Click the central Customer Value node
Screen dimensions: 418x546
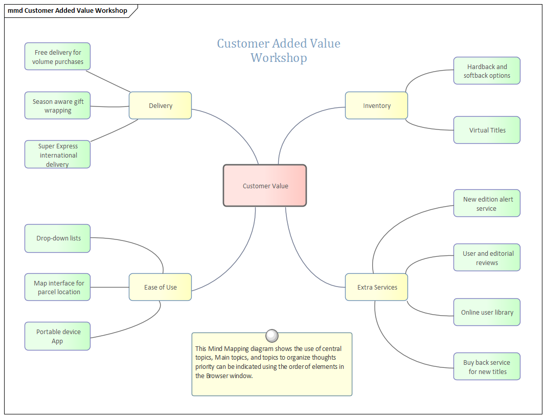pyautogui.click(x=265, y=186)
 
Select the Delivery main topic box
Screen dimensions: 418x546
pyautogui.click(x=160, y=105)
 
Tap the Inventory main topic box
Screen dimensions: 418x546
pyautogui.click(x=376, y=105)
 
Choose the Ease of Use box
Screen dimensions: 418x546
pyautogui.click(x=160, y=287)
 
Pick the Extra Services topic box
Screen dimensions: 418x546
pyautogui.click(x=377, y=287)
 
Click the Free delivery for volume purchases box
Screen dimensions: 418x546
pyautogui.click(x=57, y=57)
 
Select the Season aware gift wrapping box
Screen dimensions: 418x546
pyautogui.click(x=57, y=106)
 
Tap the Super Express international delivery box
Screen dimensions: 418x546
pyautogui.click(x=57, y=155)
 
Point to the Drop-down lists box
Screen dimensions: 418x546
pyautogui.click(x=57, y=238)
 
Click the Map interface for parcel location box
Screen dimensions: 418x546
pyautogui.click(x=57, y=287)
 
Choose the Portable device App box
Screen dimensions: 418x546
pyautogui.click(x=57, y=336)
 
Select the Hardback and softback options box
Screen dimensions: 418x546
pyautogui.click(x=487, y=71)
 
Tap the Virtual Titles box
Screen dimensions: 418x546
pyautogui.click(x=487, y=130)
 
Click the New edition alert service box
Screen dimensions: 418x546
pyautogui.click(x=487, y=204)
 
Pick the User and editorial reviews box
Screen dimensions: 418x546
pyautogui.click(x=487, y=257)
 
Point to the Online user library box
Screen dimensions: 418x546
pyautogui.click(x=487, y=312)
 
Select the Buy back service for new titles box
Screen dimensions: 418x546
pyautogui.click(x=487, y=367)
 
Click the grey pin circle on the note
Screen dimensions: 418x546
pyautogui.click(x=272, y=336)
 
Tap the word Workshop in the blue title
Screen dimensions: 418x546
pyautogui.click(x=279, y=58)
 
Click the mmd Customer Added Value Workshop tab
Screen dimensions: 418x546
pyautogui.click(x=67, y=11)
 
